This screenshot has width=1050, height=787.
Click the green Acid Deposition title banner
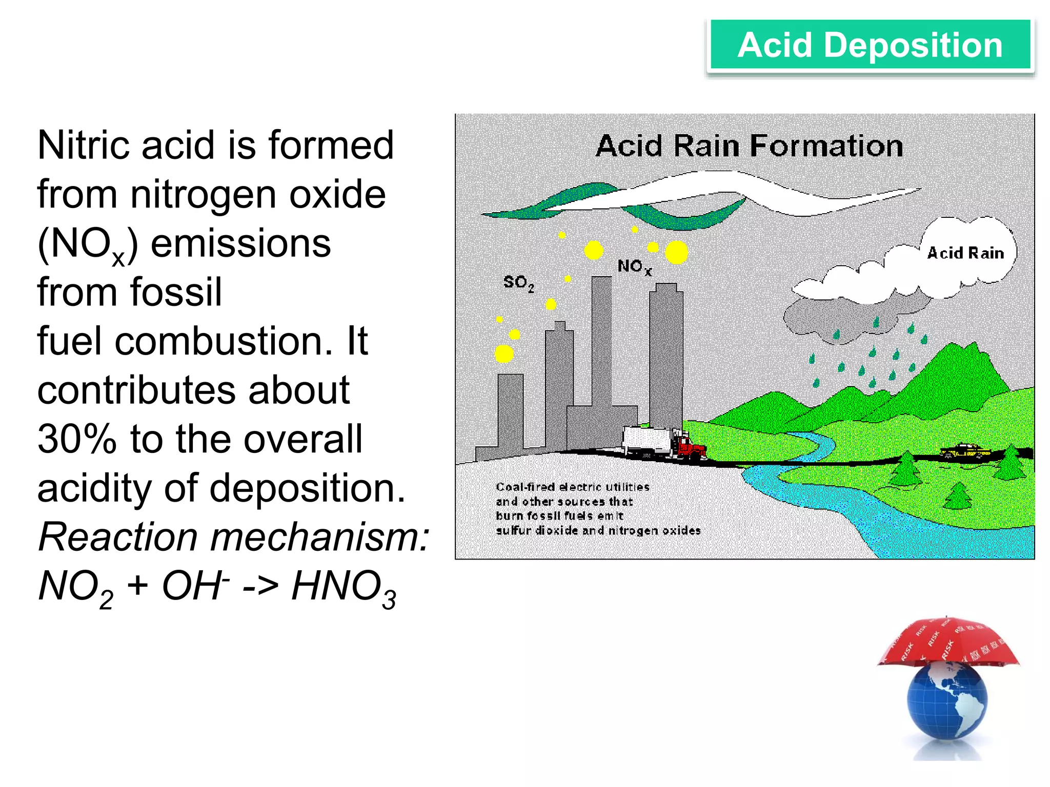pos(870,45)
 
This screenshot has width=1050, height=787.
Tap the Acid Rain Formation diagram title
pos(749,146)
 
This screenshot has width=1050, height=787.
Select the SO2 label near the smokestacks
pos(518,283)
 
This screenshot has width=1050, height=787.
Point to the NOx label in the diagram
pos(634,266)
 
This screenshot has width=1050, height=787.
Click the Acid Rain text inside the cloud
pos(965,253)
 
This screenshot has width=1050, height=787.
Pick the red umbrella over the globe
pos(948,643)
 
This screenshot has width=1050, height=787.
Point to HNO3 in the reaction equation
pos(344,587)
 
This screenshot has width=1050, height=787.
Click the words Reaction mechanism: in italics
pos(233,537)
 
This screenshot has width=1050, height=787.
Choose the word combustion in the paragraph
pos(224,341)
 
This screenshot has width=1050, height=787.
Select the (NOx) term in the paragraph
pos(88,245)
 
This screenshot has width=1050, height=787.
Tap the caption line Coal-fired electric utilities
pos(572,487)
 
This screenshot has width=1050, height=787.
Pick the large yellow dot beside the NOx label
pos(676,252)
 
